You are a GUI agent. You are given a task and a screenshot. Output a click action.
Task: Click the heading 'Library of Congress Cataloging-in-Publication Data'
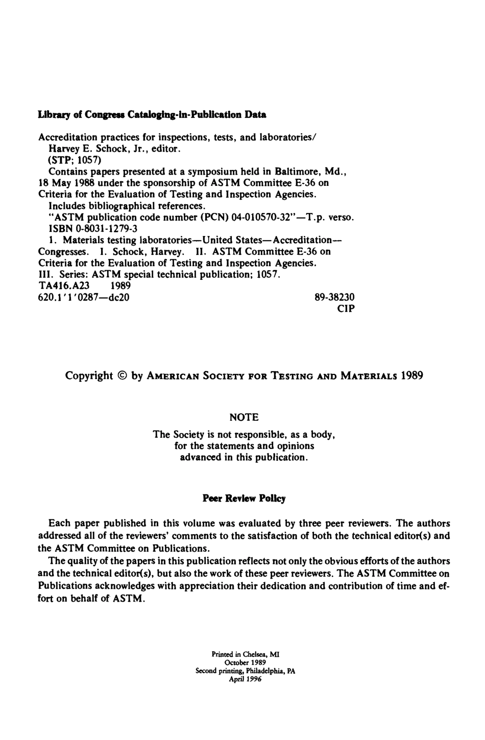point(152,115)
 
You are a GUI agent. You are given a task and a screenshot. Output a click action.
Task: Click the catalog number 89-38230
point(335,297)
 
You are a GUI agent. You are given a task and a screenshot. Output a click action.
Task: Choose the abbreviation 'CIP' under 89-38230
point(346,308)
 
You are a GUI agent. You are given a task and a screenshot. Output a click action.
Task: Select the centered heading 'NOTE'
point(244,418)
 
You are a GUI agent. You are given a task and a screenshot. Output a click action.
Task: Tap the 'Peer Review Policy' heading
point(244,498)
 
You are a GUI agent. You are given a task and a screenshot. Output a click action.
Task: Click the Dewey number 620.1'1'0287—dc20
point(84,297)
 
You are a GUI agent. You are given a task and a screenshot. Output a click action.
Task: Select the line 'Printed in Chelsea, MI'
point(245,654)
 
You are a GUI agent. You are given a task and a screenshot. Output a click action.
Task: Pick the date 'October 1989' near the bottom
point(245,662)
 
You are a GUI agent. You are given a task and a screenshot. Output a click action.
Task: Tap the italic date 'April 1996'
point(245,680)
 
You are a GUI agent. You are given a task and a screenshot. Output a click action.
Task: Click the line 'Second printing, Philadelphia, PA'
point(245,671)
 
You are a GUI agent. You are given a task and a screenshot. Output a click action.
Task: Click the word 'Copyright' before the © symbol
point(89,376)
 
